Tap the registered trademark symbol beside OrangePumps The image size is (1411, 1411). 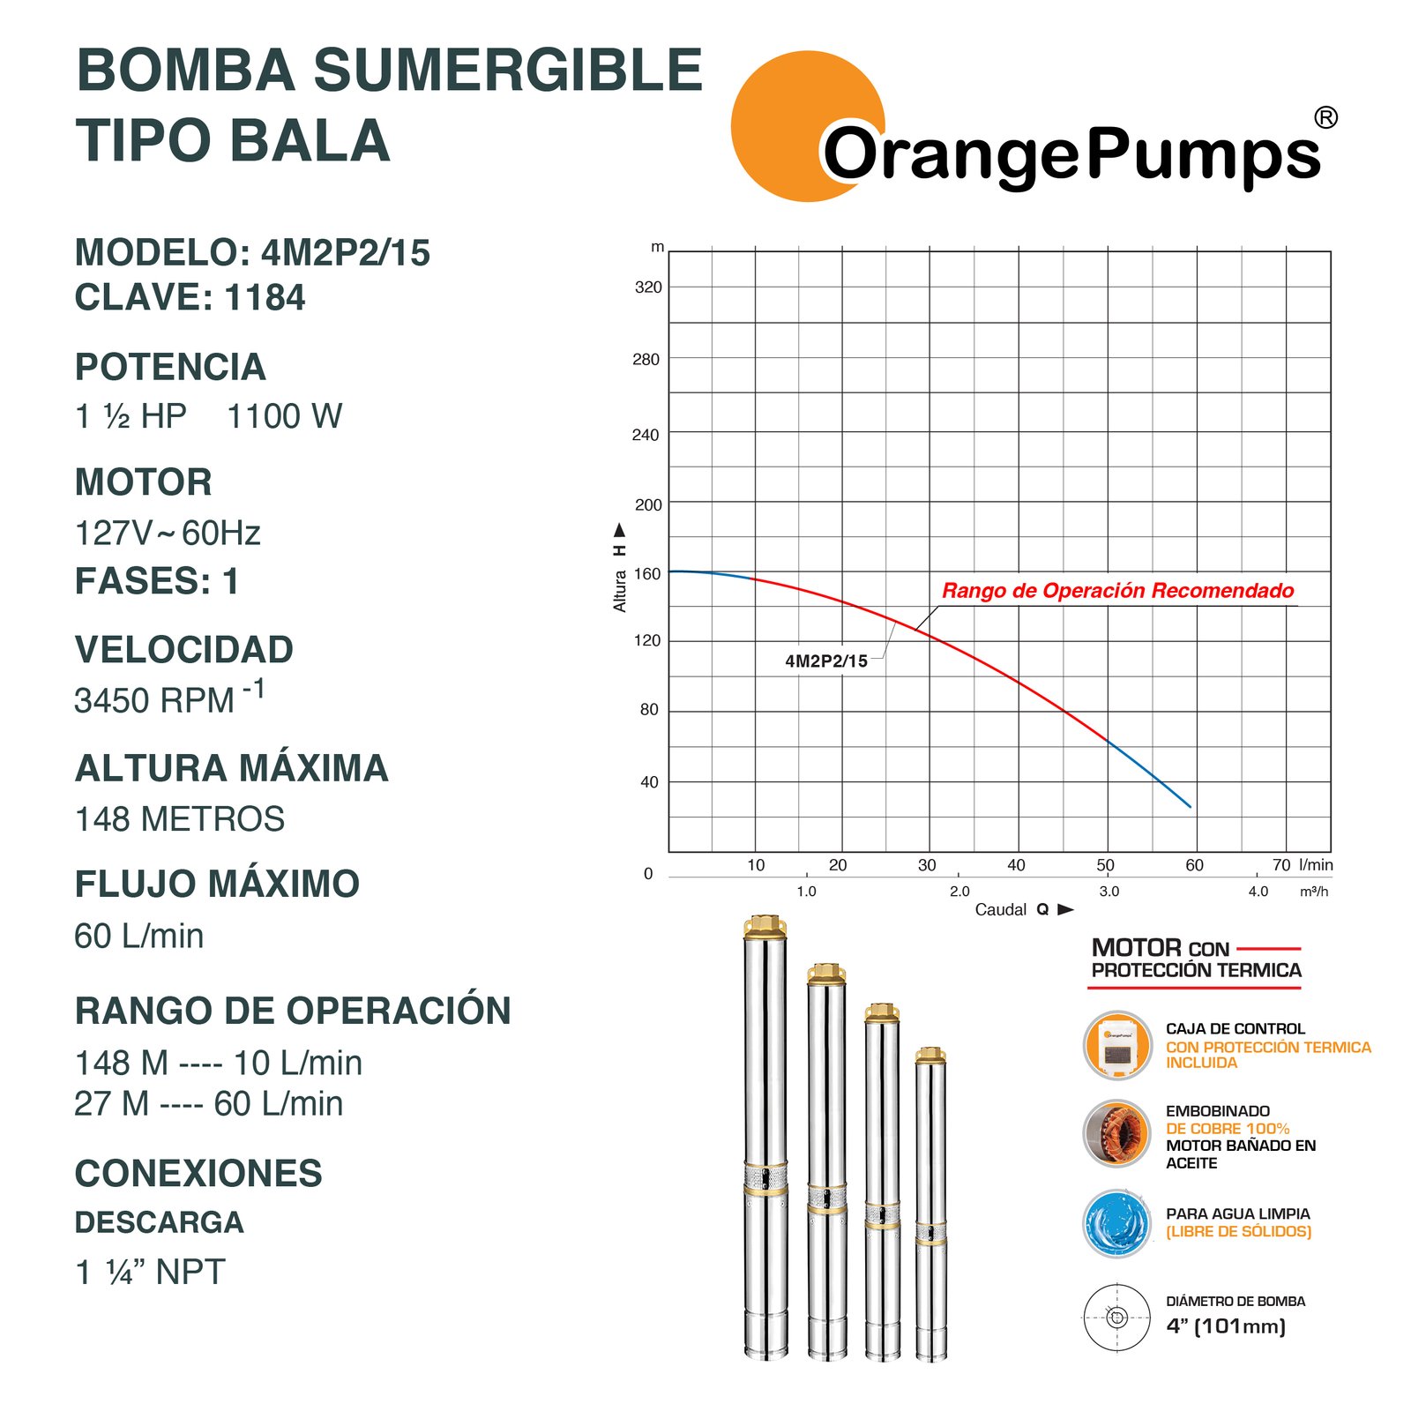tap(1325, 117)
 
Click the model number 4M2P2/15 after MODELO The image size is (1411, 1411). tap(346, 253)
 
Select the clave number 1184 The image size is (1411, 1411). tap(265, 298)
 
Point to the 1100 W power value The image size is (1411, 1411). tap(284, 416)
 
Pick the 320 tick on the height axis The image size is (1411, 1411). tap(648, 287)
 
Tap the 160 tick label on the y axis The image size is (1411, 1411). tap(647, 574)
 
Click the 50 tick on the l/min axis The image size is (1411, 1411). tap(1105, 865)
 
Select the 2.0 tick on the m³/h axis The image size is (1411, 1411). tap(959, 892)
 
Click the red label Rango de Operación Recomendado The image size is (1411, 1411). tap(1117, 591)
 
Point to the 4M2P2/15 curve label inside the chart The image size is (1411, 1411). tap(826, 661)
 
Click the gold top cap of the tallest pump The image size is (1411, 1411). tap(765, 926)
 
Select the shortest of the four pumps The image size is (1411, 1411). tap(930, 1204)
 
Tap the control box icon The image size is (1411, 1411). tap(1117, 1046)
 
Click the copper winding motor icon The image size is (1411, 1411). tap(1117, 1134)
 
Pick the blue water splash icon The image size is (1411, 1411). tap(1117, 1223)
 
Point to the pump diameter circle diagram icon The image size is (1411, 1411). tap(1117, 1318)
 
